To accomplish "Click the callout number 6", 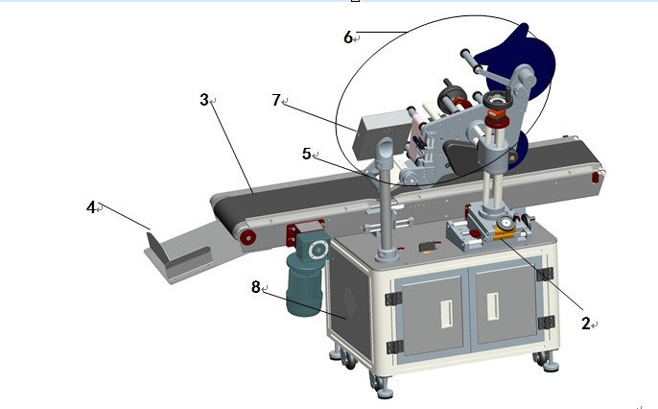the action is (348, 37).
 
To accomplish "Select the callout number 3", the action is (204, 100).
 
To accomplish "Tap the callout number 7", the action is (275, 100).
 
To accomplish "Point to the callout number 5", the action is (306, 154).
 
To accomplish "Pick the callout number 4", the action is (90, 207).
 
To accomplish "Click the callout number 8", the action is (255, 287).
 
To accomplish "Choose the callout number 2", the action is (586, 324).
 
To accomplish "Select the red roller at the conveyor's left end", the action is (248, 238).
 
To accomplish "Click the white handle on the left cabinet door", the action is (447, 314).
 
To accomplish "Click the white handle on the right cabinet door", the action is (493, 306).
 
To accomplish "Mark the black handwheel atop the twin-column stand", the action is (496, 100).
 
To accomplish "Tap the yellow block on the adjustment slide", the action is (504, 234).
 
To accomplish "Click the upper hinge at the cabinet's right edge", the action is (545, 275).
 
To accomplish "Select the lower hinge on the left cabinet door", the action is (394, 348).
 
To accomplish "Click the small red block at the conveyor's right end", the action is (595, 178).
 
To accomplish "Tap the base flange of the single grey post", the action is (387, 254).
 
